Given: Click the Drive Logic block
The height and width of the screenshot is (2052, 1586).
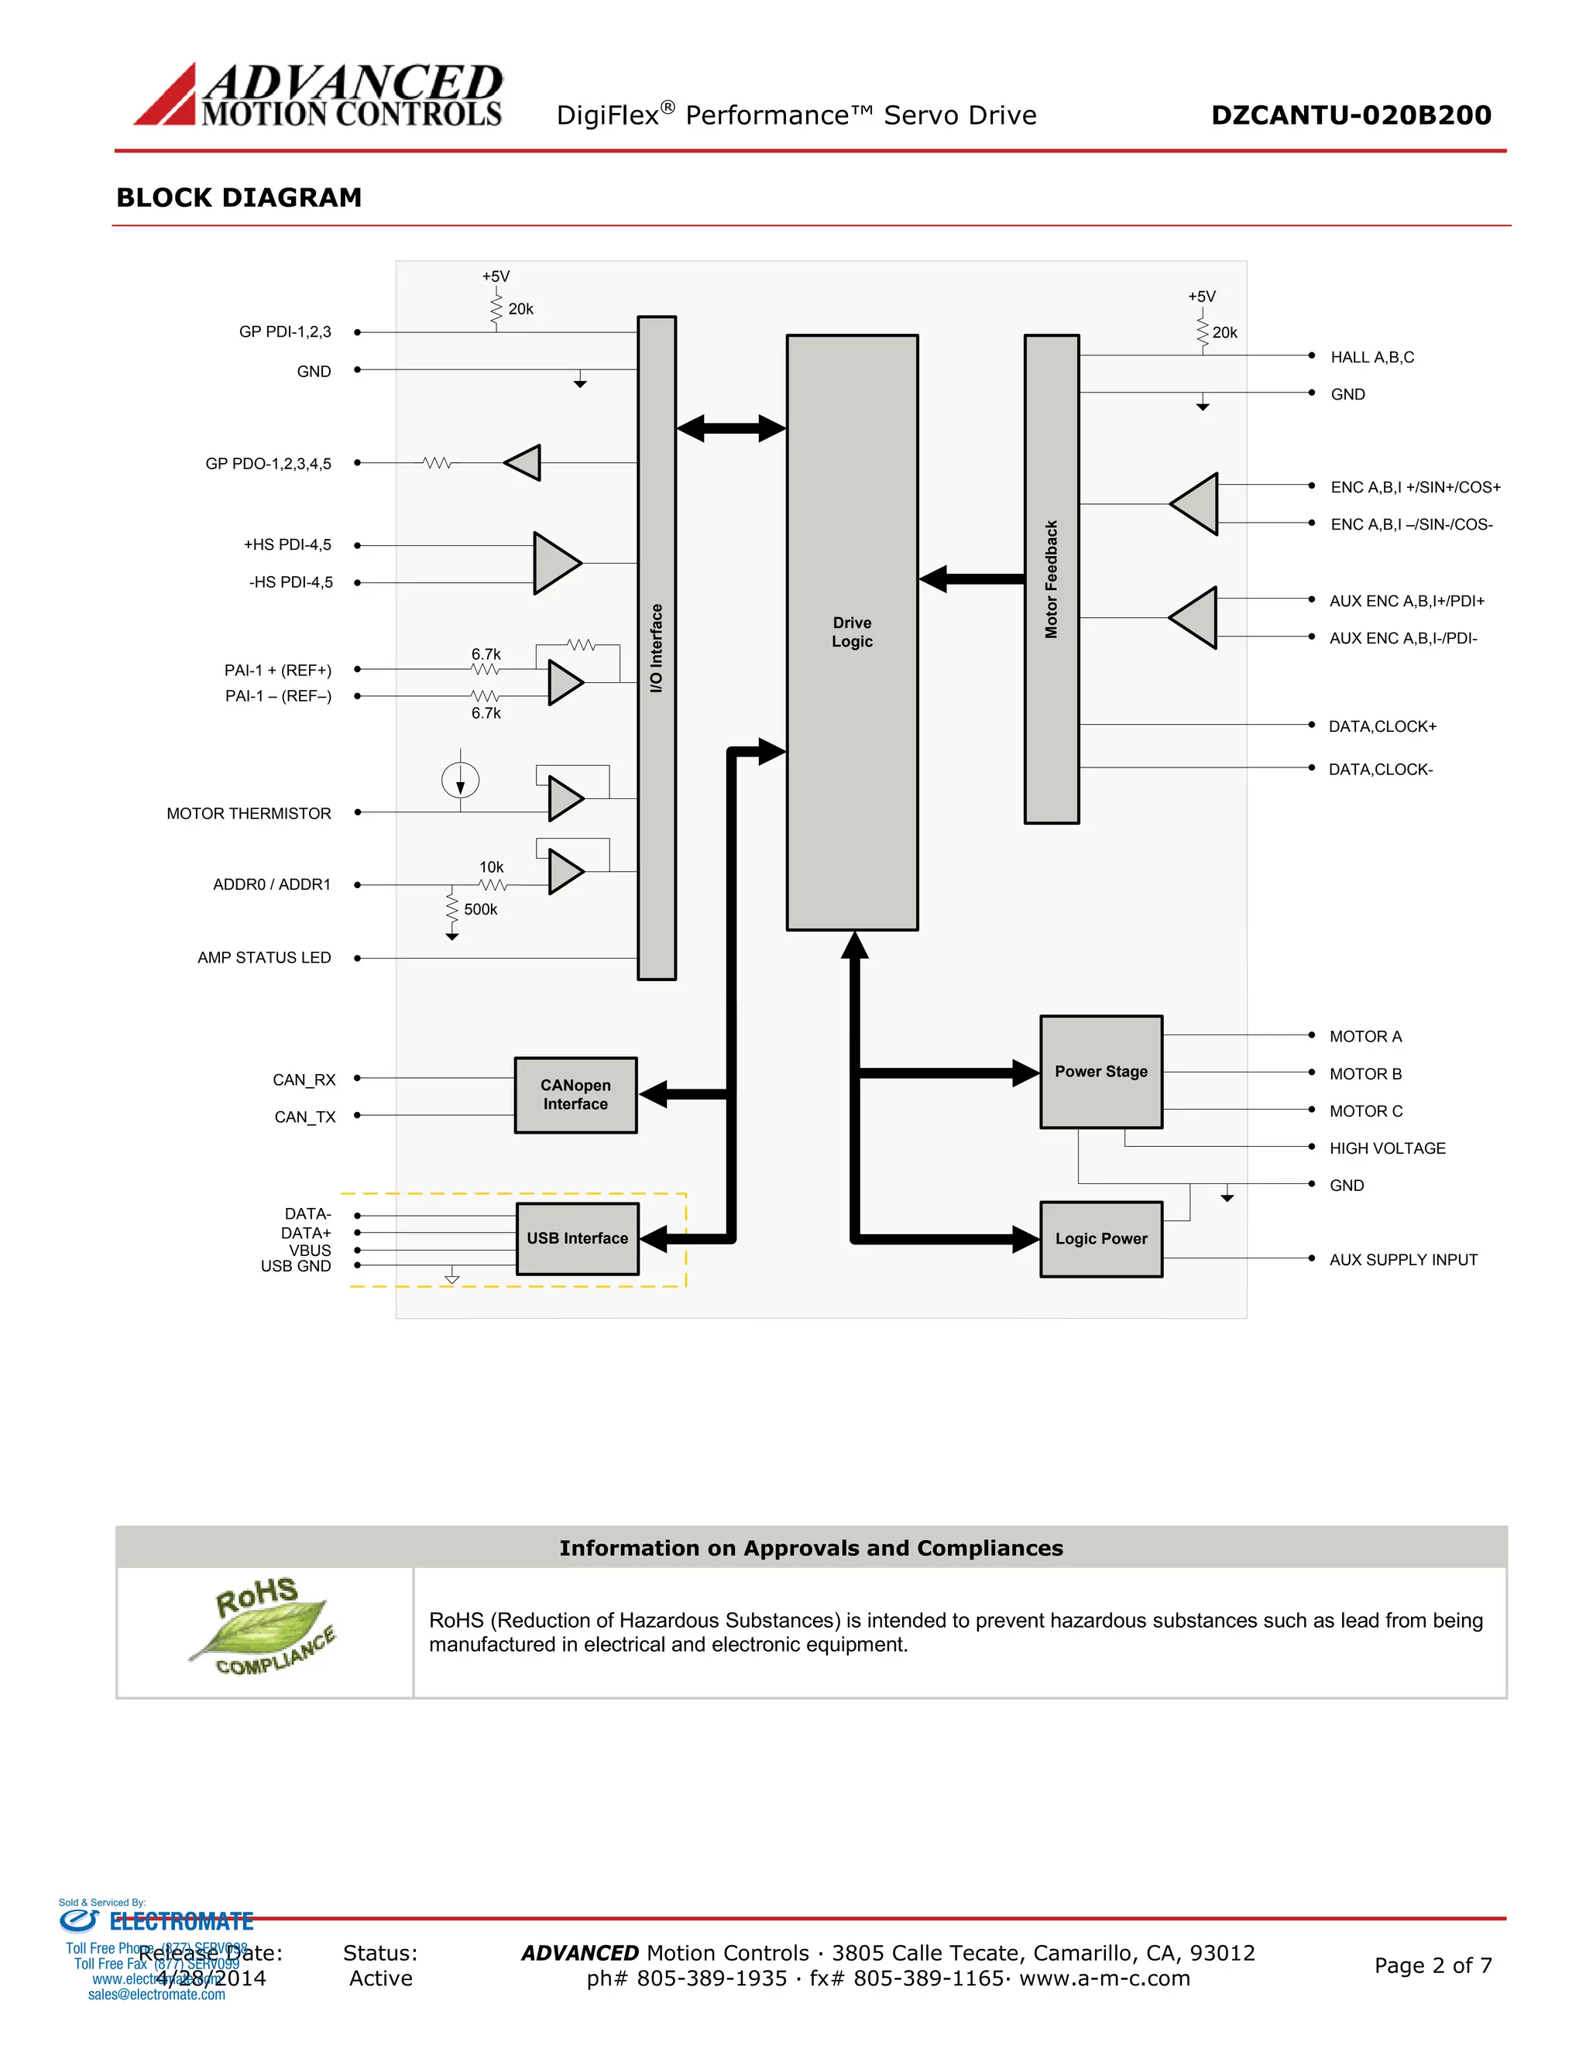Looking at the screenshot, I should pyautogui.click(x=851, y=633).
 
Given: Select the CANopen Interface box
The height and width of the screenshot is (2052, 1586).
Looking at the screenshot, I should pyautogui.click(x=575, y=1095).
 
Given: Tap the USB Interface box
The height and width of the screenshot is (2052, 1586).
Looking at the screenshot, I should pyautogui.click(x=577, y=1238).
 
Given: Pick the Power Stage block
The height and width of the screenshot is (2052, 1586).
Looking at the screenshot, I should pyautogui.click(x=1100, y=1072).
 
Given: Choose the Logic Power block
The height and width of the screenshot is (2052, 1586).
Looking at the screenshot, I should pyautogui.click(x=1100, y=1238).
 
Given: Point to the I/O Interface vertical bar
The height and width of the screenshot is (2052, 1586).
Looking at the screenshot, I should pyautogui.click(x=656, y=648).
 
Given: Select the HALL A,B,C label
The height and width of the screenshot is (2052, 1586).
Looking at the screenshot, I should pyautogui.click(x=1371, y=357).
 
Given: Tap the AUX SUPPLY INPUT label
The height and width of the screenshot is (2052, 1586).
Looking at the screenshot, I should pyautogui.click(x=1402, y=1260).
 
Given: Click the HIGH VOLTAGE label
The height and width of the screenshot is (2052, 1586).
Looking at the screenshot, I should pyautogui.click(x=1387, y=1148).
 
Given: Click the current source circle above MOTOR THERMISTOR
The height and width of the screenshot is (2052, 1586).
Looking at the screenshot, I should pyautogui.click(x=461, y=780).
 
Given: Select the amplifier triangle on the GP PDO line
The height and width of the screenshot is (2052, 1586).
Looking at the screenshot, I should pyautogui.click(x=524, y=463).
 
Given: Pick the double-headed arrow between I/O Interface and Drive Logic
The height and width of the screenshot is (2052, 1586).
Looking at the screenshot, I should pyautogui.click(x=731, y=428).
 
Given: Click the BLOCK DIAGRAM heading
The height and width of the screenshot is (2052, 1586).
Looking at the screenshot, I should pyautogui.click(x=239, y=197).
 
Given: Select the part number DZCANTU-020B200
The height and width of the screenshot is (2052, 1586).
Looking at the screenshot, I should pyautogui.click(x=1350, y=115).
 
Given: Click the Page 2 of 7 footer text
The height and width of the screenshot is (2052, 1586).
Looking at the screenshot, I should pyautogui.click(x=1432, y=1965).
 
